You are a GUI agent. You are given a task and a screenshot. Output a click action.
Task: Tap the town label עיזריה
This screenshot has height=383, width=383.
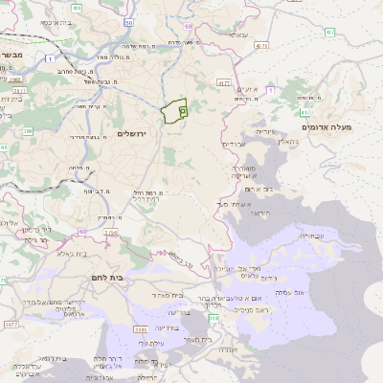(265, 131)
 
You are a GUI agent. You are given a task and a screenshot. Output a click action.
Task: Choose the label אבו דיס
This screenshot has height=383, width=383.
(236, 145)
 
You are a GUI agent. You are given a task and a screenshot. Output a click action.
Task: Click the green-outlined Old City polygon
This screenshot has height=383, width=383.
(174, 112)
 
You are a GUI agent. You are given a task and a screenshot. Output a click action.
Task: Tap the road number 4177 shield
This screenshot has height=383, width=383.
(225, 83)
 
